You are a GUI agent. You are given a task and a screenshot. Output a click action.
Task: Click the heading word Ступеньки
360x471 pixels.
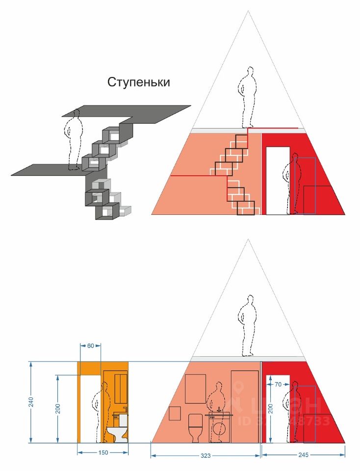click(x=139, y=82)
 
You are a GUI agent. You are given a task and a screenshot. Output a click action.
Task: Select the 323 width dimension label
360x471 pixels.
click(x=206, y=456)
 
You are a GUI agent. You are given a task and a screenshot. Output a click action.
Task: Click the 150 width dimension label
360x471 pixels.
click(x=103, y=453)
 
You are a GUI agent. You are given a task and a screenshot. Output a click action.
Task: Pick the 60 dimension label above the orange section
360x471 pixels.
click(x=90, y=346)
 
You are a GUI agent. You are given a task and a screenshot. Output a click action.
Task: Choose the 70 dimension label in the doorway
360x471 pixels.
click(x=278, y=385)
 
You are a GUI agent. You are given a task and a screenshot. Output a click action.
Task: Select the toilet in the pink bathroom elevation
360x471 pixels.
click(x=195, y=426)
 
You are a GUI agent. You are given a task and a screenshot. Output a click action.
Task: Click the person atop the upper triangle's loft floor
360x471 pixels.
click(x=247, y=97)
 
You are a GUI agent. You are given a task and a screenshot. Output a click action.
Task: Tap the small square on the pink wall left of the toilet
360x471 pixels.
click(x=175, y=413)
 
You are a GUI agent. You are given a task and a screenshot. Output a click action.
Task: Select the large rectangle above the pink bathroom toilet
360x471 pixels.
click(x=196, y=389)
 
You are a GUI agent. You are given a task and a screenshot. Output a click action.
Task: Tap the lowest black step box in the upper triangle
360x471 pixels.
click(x=246, y=208)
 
